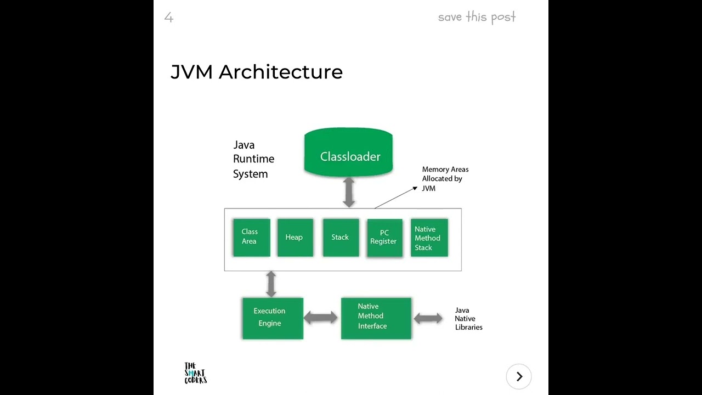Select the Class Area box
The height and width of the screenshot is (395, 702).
coord(251,237)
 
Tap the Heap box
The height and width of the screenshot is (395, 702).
coord(295,237)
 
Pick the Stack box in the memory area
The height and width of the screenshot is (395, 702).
coord(341,237)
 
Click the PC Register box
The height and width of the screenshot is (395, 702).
coord(384,238)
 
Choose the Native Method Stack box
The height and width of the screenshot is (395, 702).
coord(429,238)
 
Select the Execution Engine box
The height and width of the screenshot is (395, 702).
coord(272,318)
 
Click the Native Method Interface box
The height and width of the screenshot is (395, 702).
coord(376,318)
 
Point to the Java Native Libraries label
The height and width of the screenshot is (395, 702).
coord(468,319)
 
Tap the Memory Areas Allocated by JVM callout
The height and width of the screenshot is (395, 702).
coord(445,179)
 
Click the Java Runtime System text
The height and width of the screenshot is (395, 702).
coord(253,159)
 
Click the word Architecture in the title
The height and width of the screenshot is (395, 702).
coord(280,72)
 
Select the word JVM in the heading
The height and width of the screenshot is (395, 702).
coord(191,72)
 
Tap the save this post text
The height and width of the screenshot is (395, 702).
coord(477,17)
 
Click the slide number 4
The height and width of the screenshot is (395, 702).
coord(169,18)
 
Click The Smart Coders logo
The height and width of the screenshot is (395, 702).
coord(195,373)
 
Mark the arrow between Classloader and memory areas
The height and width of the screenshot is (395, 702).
coord(349,192)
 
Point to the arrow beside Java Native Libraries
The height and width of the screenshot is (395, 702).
coord(428,318)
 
